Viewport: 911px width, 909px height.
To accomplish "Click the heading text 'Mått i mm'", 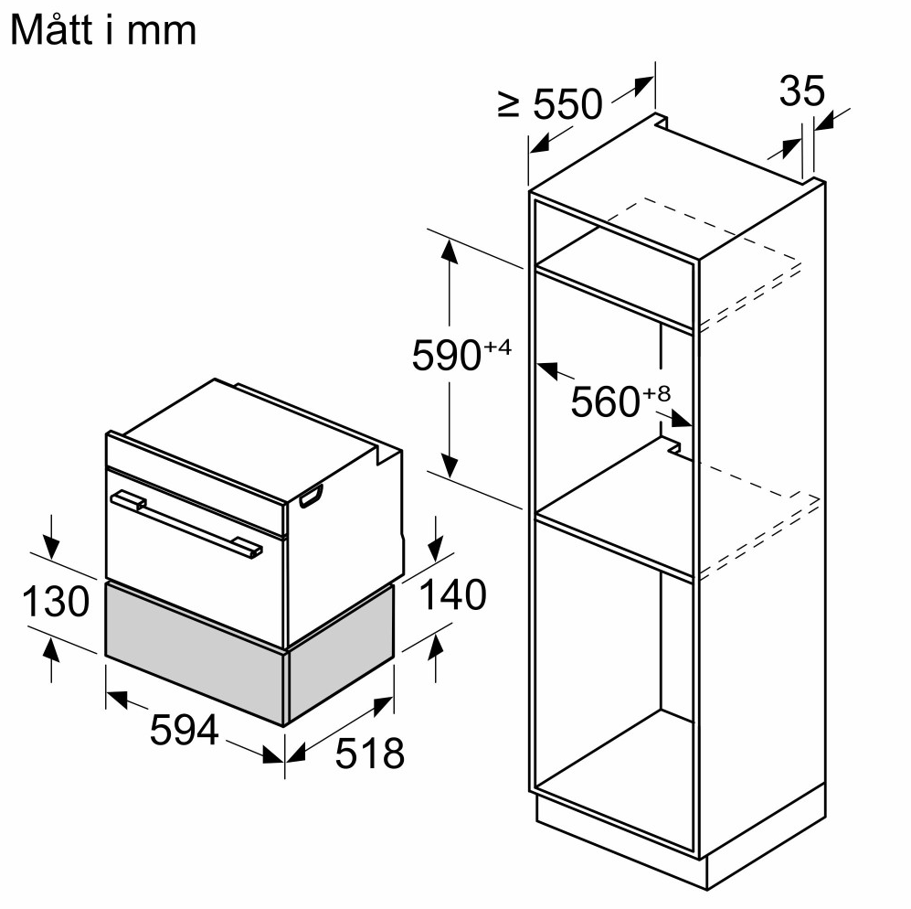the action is [103, 29].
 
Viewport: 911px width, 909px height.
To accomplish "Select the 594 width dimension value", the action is [184, 729].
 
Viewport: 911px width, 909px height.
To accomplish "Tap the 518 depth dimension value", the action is [369, 754].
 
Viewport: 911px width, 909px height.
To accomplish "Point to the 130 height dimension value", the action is [56, 601].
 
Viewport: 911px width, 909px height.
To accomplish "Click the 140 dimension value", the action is [452, 594].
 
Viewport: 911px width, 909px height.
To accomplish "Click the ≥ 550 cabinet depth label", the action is [550, 103].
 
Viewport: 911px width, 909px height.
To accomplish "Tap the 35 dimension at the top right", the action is [801, 91].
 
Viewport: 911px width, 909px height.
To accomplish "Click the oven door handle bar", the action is [186, 525].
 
